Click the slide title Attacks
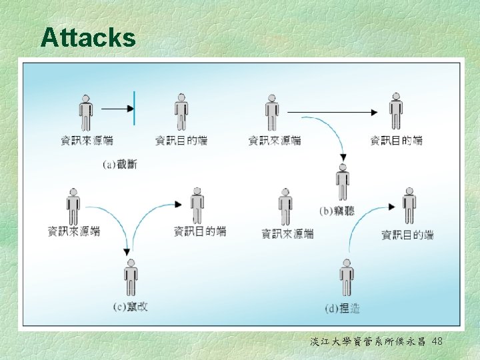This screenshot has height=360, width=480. tap(87, 38)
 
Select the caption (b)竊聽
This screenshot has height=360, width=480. tap(337, 211)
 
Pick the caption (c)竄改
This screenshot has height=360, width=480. tap(131, 307)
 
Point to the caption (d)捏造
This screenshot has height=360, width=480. tap(342, 308)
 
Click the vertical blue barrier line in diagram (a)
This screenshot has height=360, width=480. tap(134, 108)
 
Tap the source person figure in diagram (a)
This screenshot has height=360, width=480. tap(85, 113)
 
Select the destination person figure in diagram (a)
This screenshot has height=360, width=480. tap(181, 111)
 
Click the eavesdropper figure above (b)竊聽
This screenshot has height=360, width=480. tap(343, 182)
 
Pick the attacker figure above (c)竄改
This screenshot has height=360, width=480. tap(131, 277)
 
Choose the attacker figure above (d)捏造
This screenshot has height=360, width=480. tap(346, 277)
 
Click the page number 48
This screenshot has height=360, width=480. tap(437, 341)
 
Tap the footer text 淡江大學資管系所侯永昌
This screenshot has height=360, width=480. tap(369, 341)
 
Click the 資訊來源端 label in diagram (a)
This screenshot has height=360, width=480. tap(87, 141)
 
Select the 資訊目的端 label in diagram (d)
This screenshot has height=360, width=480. tap(407, 235)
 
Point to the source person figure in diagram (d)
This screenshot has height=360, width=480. tap(285, 206)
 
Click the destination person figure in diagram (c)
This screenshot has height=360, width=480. tap(197, 205)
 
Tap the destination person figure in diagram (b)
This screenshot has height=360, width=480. tap(396, 111)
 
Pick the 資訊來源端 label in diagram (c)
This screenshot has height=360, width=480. tap(74, 232)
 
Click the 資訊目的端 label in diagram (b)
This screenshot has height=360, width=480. tap(396, 141)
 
